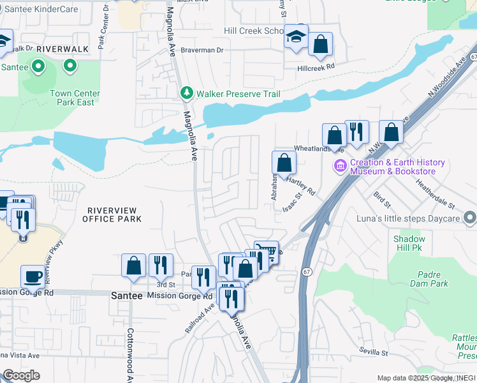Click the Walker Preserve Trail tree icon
click(187, 94)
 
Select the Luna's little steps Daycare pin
click(471, 219)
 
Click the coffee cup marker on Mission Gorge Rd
click(32, 277)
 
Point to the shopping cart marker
click(267, 252)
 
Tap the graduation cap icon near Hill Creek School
click(297, 36)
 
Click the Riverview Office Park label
click(112, 214)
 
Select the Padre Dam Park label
click(427, 279)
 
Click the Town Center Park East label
click(75, 98)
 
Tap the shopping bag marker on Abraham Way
click(284, 163)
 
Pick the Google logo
click(21, 375)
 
